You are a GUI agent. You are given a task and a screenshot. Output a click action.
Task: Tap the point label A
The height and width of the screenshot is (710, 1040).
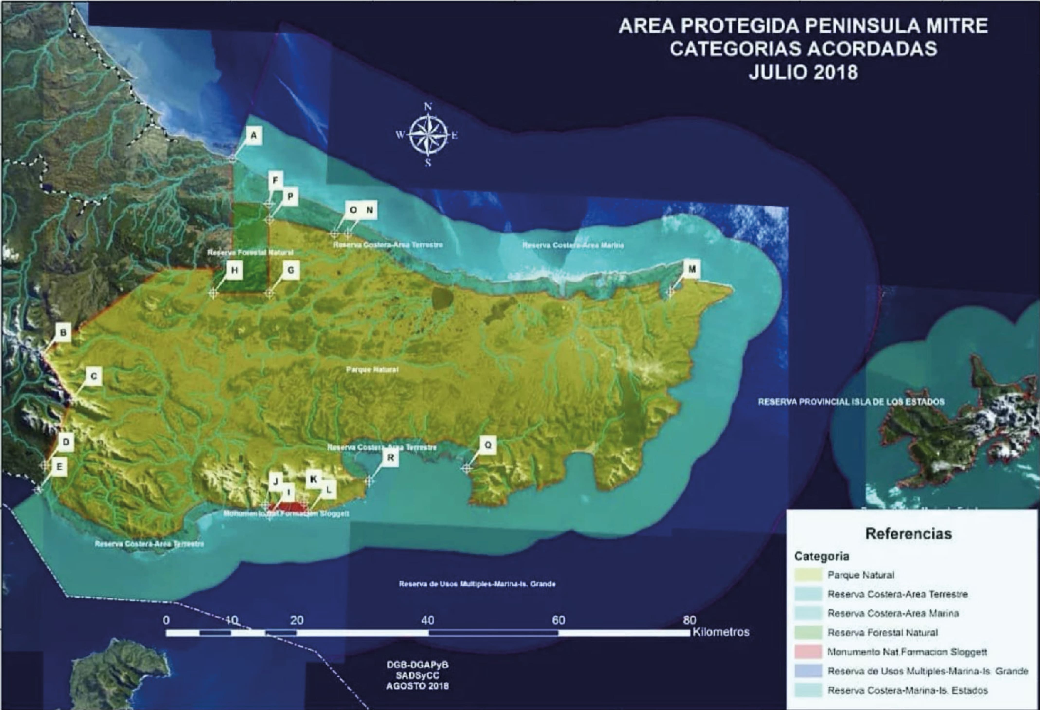(254, 135)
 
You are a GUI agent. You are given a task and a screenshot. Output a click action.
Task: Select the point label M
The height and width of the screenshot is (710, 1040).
(692, 269)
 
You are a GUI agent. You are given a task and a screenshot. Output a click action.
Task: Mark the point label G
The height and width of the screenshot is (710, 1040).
(291, 270)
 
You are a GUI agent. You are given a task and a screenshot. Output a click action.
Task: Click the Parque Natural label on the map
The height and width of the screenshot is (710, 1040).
(372, 370)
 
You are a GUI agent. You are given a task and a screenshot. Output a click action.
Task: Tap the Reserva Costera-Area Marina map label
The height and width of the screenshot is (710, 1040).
(573, 245)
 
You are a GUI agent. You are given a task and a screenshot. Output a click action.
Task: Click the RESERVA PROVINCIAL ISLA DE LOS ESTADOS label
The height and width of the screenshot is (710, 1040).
(851, 402)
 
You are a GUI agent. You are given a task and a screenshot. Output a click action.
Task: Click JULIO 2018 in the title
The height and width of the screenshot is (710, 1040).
(803, 72)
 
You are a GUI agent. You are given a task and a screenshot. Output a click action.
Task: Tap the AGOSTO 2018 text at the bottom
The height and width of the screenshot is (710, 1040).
(417, 686)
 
